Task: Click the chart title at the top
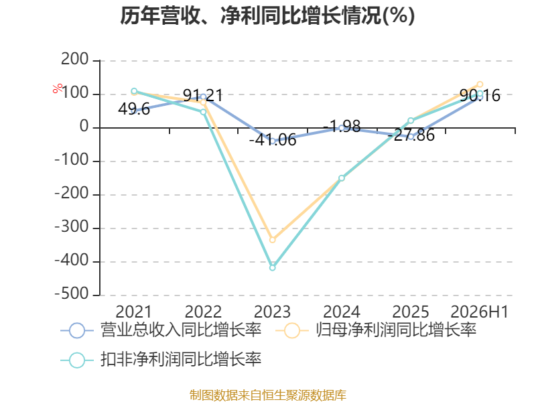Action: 267,15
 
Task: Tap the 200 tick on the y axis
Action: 75,60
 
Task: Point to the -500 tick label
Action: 72,294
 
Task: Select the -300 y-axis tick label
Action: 72,227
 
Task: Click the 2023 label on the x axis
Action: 273,312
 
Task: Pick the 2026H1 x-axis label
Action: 480,312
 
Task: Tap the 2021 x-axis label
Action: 133,312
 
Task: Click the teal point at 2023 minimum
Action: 273,268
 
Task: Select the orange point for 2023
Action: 273,240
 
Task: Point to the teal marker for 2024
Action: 342,178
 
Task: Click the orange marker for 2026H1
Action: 480,84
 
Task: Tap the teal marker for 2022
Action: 204,112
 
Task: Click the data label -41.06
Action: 273,140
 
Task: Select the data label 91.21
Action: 203,95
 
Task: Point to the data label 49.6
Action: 134,109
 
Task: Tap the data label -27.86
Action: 411,135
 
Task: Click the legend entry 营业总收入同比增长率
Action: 161,330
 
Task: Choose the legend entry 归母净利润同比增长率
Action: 376,330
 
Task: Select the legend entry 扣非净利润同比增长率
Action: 161,360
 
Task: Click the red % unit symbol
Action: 58,88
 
